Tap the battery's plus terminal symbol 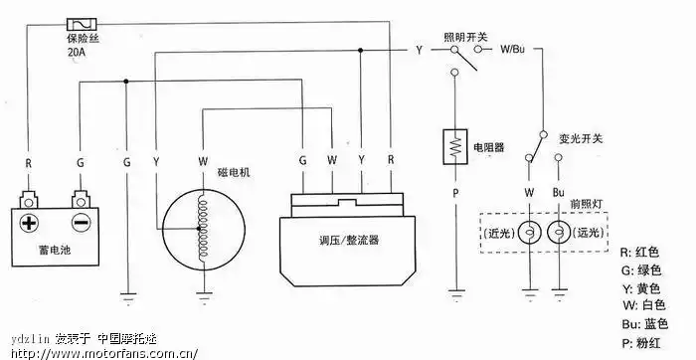point(30,223)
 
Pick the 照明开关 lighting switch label point(466,35)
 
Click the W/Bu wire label point(514,49)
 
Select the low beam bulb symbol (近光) point(529,232)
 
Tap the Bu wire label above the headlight point(558,191)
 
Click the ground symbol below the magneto point(205,293)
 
